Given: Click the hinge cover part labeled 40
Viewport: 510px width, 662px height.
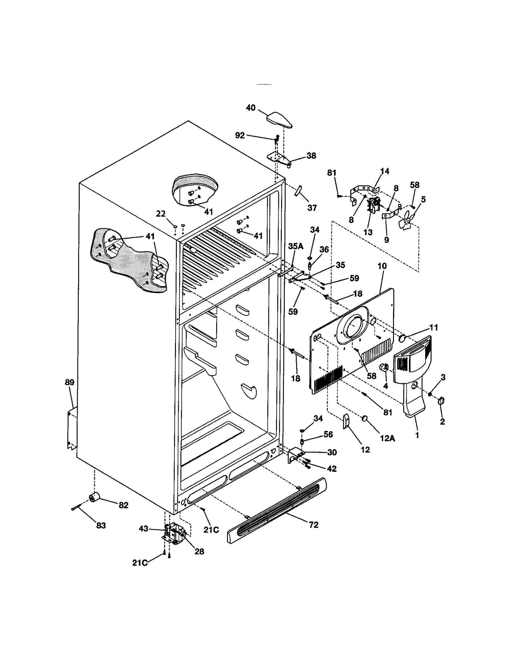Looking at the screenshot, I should click(279, 120).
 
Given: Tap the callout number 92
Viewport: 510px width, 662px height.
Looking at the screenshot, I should click(240, 136).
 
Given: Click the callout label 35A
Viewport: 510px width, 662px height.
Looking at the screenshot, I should click(296, 246).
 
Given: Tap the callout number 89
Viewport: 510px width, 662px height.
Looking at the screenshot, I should click(69, 382).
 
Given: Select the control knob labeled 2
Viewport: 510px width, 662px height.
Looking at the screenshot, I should click(441, 401).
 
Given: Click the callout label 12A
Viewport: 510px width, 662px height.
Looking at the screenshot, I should click(387, 438).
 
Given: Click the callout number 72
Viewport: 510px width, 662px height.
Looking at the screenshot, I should click(314, 525).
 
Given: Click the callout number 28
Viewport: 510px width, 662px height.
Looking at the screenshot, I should click(199, 551).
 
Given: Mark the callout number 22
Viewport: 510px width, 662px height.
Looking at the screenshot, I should click(161, 214).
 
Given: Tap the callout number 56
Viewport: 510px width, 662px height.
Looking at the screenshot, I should click(328, 434).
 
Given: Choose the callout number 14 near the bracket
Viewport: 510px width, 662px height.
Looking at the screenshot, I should click(385, 171).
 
